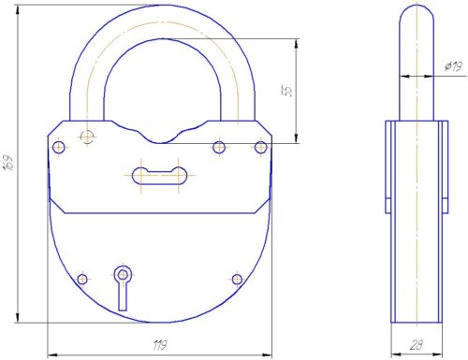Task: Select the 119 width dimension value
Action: click(x=160, y=345)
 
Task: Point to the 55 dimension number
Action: click(x=289, y=91)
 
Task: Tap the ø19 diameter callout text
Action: click(x=453, y=66)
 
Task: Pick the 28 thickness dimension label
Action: click(x=417, y=345)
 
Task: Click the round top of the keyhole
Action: click(x=123, y=275)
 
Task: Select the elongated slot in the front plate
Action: click(x=160, y=176)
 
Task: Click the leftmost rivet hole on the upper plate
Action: click(x=59, y=147)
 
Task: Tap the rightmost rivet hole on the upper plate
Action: click(x=261, y=147)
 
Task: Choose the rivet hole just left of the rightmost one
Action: click(x=219, y=147)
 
